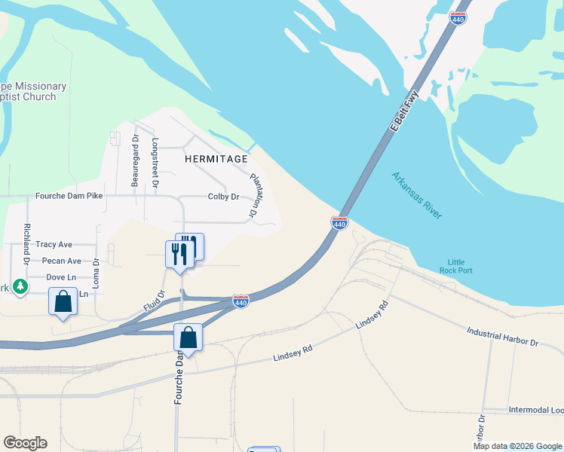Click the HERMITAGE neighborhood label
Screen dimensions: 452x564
tap(216, 159)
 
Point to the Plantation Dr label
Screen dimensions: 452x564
tap(259, 196)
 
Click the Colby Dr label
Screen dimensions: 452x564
tap(223, 197)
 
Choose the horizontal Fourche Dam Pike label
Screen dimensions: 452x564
tap(69, 196)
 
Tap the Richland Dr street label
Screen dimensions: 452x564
tap(26, 243)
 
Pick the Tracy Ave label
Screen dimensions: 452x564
tap(54, 245)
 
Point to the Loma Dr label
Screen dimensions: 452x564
tap(97, 273)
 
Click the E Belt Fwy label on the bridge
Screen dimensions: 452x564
tap(403, 112)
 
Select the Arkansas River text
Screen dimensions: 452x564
tap(416, 195)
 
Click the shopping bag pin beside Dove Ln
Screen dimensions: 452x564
tap(63, 301)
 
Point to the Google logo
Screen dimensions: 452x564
tap(25, 443)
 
